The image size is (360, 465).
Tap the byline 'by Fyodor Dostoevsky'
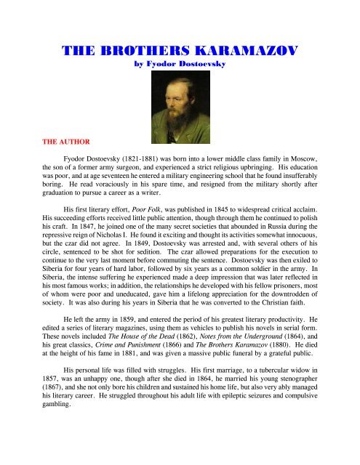coord(179,64)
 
